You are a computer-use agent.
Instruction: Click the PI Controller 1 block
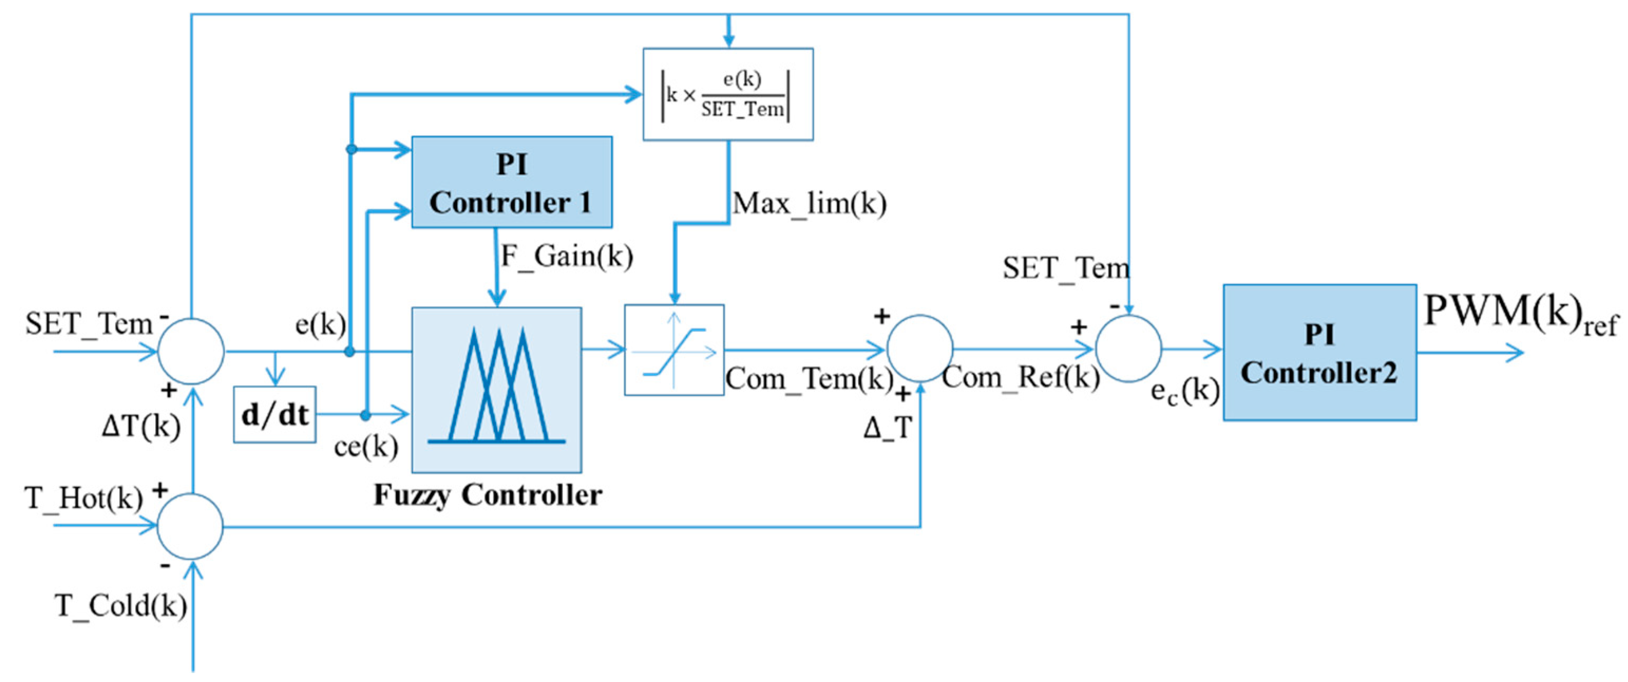511,182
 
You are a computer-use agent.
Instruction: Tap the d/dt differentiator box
274,414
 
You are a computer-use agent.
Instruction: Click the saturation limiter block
674,350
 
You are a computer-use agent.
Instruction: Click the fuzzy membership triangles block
496,390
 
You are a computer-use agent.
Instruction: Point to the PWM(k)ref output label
1520,313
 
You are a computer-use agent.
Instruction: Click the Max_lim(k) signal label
809,204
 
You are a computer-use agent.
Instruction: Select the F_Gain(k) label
566,256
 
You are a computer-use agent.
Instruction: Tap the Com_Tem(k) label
808,378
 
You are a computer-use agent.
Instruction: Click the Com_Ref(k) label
1020,377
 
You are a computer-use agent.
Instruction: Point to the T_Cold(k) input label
121,605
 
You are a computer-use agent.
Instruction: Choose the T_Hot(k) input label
83,498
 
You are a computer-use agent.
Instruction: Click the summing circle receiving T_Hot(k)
189,526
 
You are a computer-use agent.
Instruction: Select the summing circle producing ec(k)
1128,348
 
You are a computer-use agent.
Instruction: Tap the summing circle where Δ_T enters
919,348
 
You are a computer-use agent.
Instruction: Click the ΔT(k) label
141,427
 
